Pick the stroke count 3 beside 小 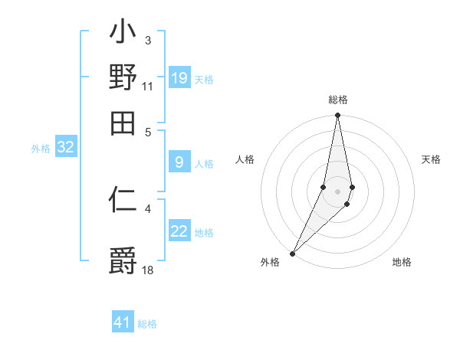[x=147, y=40]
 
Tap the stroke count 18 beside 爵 [x=148, y=270]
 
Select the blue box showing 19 [x=179, y=77]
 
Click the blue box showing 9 [x=179, y=162]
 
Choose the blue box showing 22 [x=179, y=231]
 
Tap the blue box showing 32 [x=65, y=147]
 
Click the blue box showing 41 [x=123, y=322]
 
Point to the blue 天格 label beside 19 [x=204, y=79]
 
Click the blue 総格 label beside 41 [x=147, y=324]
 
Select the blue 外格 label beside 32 [x=41, y=149]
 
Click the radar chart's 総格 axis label [x=338, y=100]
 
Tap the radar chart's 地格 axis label [x=402, y=262]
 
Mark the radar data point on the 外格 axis [x=293, y=253]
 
